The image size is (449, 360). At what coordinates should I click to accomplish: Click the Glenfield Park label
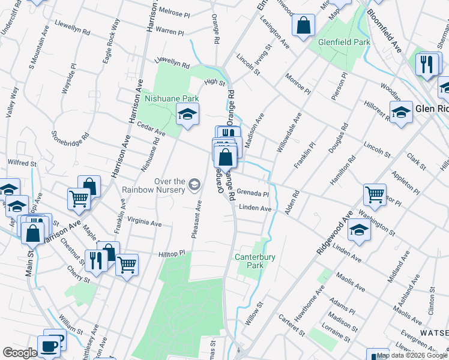pyautogui.click(x=344, y=43)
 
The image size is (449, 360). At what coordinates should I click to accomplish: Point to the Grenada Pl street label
pyautogui.click(x=252, y=193)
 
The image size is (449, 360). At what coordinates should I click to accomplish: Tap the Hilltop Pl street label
pyautogui.click(x=172, y=254)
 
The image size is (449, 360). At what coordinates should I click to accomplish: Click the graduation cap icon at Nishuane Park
pyautogui.click(x=187, y=113)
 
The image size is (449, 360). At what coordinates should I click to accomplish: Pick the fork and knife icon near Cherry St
pyautogui.click(x=95, y=260)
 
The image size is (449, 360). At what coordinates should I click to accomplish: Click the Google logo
pyautogui.click(x=20, y=353)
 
